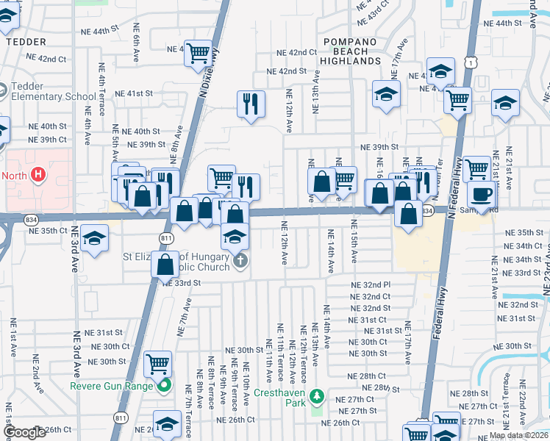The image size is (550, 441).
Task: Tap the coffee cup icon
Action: tap(481, 195)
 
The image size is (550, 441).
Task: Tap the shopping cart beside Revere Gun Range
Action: tap(158, 362)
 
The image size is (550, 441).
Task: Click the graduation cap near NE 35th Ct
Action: tap(94, 238)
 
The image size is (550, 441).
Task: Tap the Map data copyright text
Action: tap(518, 435)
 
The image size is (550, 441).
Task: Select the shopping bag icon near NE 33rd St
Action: tap(166, 264)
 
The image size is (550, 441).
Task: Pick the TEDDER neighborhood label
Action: tap(26, 42)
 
